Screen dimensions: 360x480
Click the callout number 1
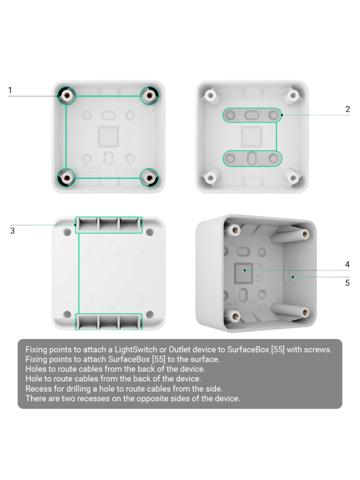10,90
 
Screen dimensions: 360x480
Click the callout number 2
347,109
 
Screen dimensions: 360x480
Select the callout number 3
12,231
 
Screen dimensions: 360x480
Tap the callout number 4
347,264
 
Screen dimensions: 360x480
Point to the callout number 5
347,282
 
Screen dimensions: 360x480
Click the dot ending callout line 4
244,270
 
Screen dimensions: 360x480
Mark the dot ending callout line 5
292,277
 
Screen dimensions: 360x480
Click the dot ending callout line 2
282,115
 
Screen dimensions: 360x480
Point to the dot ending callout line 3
75,225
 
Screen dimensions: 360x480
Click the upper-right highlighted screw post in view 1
150,95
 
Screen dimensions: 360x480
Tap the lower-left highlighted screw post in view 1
66,177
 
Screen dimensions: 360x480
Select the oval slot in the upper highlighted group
251,115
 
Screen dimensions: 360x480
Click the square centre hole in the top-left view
109,136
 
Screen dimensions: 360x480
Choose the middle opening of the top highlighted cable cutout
109,225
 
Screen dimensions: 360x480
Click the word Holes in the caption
36,369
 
